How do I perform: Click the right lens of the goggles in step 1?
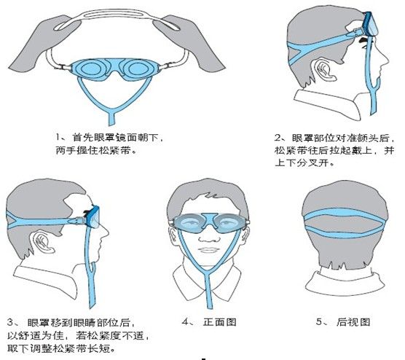point(138,69)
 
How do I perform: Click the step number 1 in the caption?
point(58,136)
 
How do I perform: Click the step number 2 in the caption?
point(278,137)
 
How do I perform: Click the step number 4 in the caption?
point(184,321)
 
